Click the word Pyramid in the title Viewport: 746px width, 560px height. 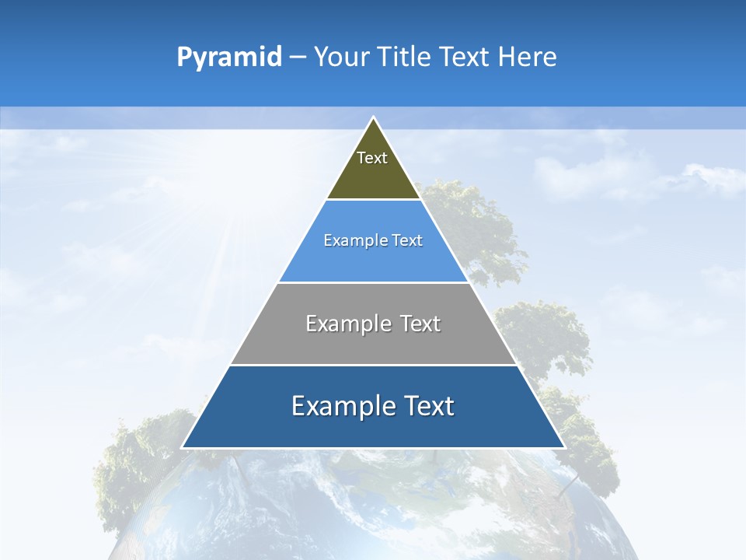[x=229, y=58]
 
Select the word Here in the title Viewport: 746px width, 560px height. [x=528, y=58]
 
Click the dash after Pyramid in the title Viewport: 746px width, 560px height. [x=298, y=58]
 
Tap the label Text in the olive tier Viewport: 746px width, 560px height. [x=372, y=158]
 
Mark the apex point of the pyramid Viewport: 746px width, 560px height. [x=373, y=117]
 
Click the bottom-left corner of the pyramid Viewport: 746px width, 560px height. [x=183, y=447]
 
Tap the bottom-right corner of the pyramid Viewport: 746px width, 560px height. [x=563, y=447]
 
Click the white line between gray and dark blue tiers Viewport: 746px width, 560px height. [x=373, y=365]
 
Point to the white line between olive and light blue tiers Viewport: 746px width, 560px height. [x=373, y=200]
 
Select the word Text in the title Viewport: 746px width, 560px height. [x=465, y=58]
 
